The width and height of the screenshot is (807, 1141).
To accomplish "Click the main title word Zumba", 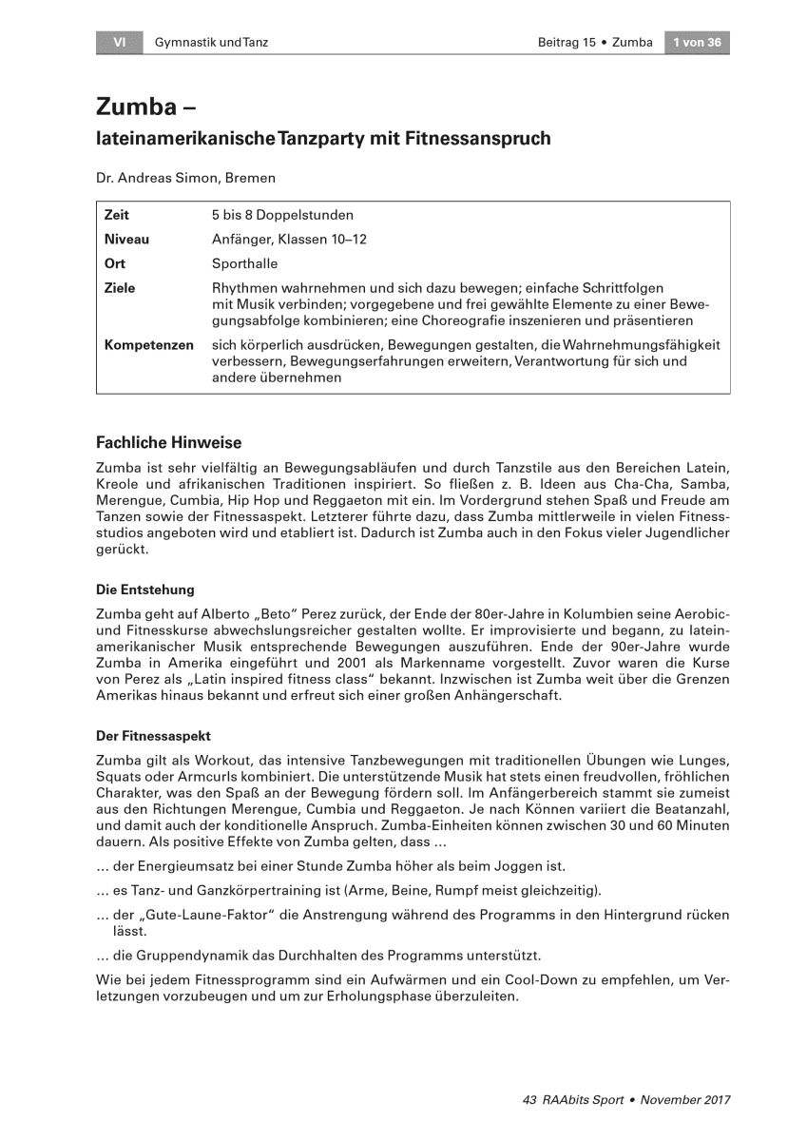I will (x=136, y=106).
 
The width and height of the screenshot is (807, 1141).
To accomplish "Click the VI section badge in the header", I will (x=119, y=43).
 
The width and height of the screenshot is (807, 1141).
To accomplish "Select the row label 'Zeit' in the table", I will (x=116, y=216).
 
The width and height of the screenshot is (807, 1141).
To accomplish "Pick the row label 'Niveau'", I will (x=126, y=240).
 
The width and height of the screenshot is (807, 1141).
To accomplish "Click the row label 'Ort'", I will (x=114, y=263).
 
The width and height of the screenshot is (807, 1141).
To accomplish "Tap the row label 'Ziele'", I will (x=120, y=288).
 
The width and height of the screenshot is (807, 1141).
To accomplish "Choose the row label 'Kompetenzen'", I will (x=148, y=345).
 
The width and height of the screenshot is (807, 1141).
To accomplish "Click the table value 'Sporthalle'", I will (x=245, y=263).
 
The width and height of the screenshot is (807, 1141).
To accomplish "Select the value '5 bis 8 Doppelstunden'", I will (x=282, y=216).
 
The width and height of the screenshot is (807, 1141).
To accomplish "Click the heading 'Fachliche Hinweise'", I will (x=169, y=443).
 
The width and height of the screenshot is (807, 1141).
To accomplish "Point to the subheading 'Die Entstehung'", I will (x=144, y=590).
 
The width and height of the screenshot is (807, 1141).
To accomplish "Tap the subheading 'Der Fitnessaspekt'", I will (x=153, y=736).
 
